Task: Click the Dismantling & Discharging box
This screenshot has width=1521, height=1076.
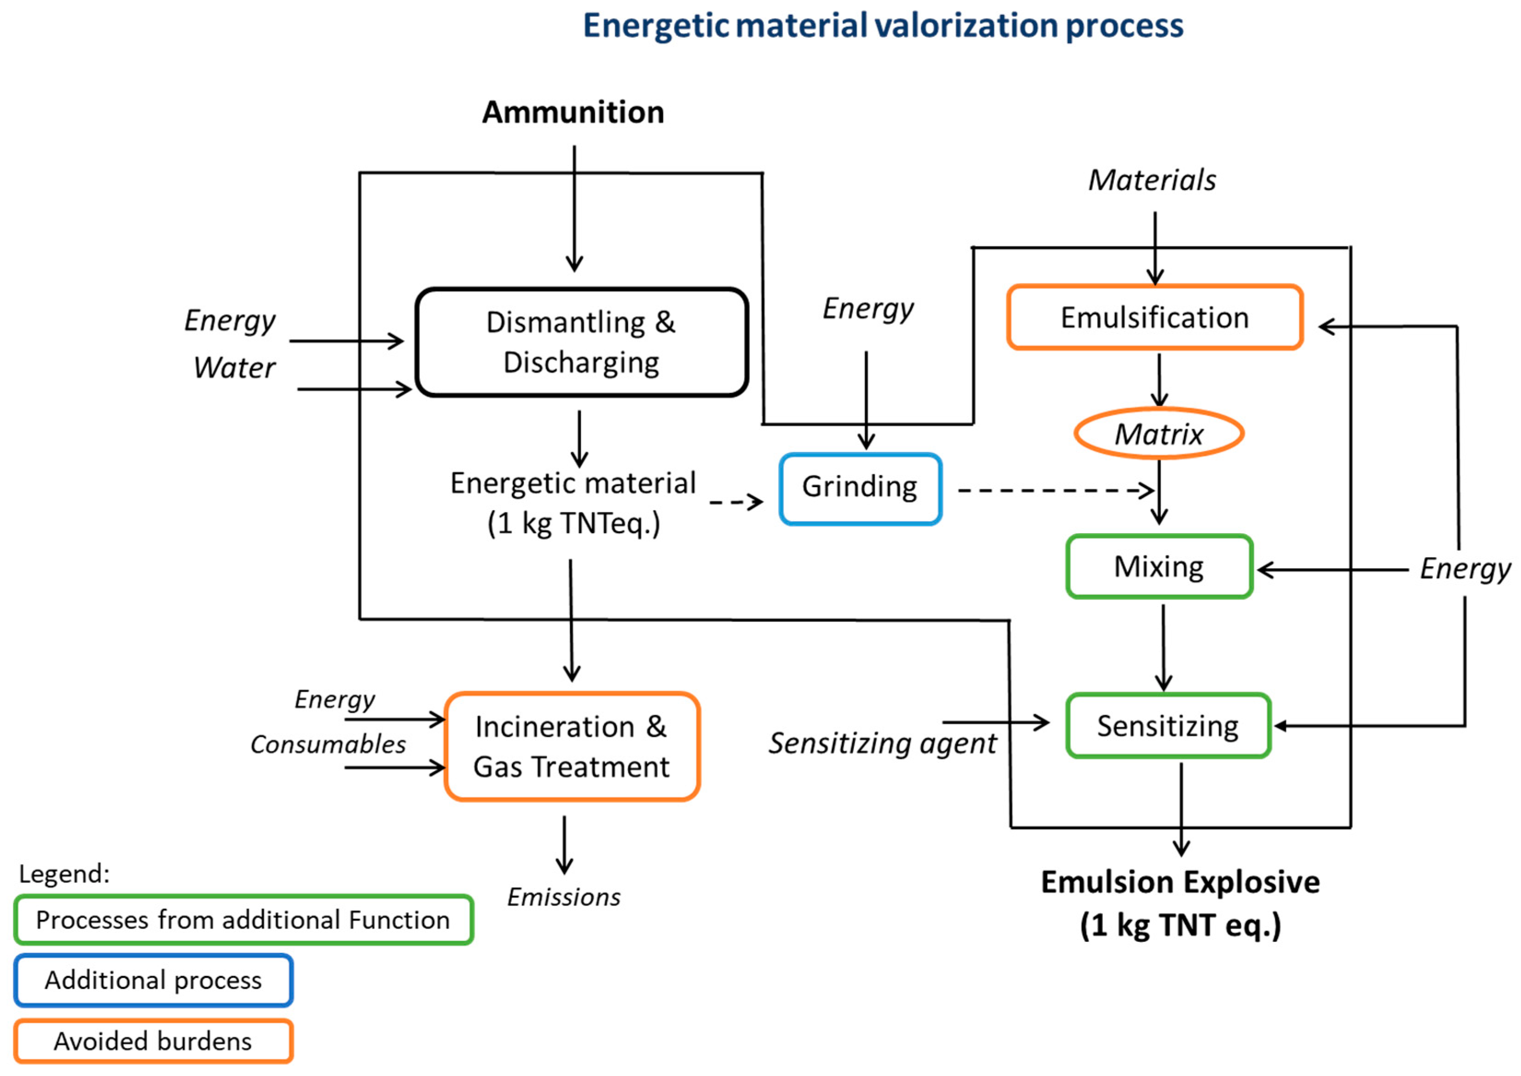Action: pyautogui.click(x=581, y=342)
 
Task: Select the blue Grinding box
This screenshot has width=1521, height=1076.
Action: pyautogui.click(x=860, y=489)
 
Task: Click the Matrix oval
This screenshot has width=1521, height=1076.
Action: pyautogui.click(x=1158, y=434)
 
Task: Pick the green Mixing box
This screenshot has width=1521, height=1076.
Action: pyautogui.click(x=1158, y=566)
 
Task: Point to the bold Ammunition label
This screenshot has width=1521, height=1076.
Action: pyautogui.click(x=572, y=112)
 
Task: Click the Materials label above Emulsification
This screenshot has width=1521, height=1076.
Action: pyautogui.click(x=1152, y=180)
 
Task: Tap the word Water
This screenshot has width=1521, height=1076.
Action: pyautogui.click(x=234, y=368)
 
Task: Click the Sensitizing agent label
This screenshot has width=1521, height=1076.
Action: pyautogui.click(x=881, y=743)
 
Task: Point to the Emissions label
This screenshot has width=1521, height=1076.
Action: pyautogui.click(x=563, y=897)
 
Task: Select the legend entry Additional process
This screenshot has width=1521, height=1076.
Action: pyautogui.click(x=153, y=980)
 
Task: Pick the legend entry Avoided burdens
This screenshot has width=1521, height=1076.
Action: pyautogui.click(x=153, y=1041)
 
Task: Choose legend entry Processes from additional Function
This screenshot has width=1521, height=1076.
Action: pyautogui.click(x=242, y=920)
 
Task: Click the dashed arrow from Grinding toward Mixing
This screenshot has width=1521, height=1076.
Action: pyautogui.click(x=1054, y=490)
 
